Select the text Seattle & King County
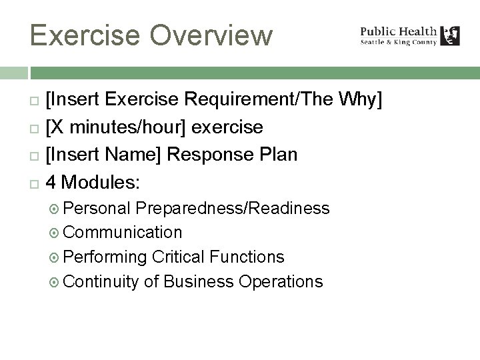(399, 42)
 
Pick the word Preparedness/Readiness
(233, 208)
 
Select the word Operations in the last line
(278, 281)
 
